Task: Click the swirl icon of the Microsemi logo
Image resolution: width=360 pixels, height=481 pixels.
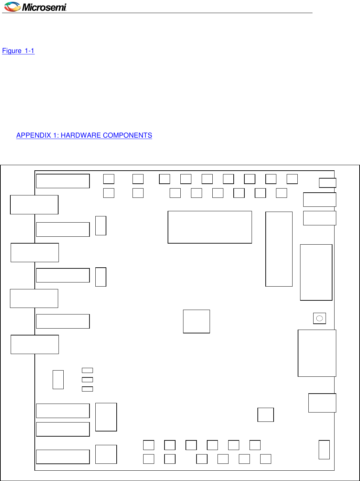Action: click(x=12, y=7)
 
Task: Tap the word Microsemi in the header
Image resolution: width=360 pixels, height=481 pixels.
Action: click(x=44, y=7)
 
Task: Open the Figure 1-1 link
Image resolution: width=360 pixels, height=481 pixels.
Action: click(x=18, y=51)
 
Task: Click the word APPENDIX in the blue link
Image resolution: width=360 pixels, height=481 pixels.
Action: click(x=33, y=135)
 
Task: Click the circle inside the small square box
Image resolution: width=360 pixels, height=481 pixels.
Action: click(x=319, y=318)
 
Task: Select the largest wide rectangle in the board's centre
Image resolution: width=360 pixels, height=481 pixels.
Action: click(x=210, y=227)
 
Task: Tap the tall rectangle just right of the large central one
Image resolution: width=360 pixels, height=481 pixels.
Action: click(x=279, y=249)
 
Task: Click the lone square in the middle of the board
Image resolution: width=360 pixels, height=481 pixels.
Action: click(x=196, y=321)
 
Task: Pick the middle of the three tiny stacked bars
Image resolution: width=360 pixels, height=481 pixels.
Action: click(x=87, y=380)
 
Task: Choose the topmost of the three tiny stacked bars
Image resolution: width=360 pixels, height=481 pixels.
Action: click(x=87, y=370)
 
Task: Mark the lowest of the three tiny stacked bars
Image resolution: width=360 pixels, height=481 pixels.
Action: click(x=87, y=389)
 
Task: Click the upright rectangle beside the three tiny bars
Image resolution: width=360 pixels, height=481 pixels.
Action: click(x=58, y=380)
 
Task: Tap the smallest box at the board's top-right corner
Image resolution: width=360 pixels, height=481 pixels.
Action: click(x=327, y=183)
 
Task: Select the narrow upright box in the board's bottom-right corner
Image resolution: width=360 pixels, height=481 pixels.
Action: click(x=324, y=449)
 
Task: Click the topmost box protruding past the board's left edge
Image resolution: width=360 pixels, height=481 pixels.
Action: click(x=34, y=205)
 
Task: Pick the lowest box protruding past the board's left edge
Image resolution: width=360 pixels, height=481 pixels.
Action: click(x=35, y=344)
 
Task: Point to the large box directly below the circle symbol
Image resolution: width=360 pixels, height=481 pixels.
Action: click(x=317, y=353)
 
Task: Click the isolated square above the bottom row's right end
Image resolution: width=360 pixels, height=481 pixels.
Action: click(x=265, y=415)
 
